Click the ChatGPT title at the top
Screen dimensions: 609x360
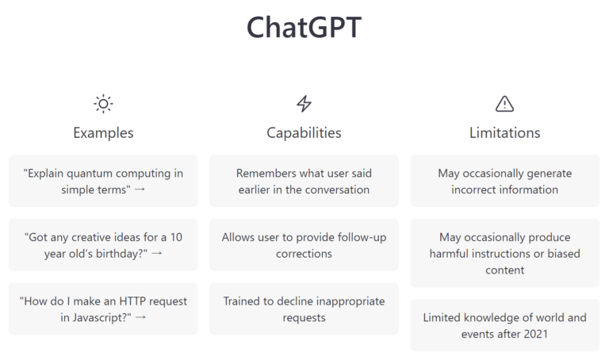point(304,28)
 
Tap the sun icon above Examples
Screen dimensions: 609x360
point(103,104)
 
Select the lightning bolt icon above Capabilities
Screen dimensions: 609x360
point(304,104)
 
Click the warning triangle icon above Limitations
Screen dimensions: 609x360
point(504,104)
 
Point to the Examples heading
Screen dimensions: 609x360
point(103,132)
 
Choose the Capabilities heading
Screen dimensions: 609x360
point(304,132)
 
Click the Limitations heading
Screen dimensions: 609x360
point(504,132)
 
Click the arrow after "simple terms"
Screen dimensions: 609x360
point(140,190)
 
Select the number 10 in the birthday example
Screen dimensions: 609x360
point(176,237)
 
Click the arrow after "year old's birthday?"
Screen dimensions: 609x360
point(156,253)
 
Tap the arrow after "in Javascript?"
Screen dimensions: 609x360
point(140,317)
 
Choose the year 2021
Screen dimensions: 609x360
point(535,334)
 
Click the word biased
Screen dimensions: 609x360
point(564,253)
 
